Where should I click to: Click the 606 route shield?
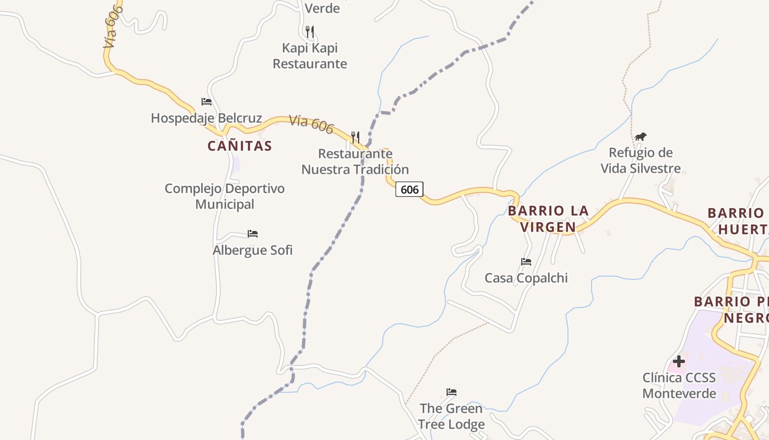(409, 190)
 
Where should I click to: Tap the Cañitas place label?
(239, 146)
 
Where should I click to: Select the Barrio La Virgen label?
(548, 219)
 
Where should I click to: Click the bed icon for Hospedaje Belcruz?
(207, 102)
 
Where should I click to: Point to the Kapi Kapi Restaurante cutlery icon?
(310, 31)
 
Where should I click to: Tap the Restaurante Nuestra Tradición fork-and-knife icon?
(355, 137)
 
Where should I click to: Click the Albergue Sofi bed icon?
(253, 234)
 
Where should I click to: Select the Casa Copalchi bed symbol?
(526, 262)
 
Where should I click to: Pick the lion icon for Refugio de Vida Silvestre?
(640, 136)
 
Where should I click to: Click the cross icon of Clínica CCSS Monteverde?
(679, 361)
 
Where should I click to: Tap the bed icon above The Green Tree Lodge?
(452, 392)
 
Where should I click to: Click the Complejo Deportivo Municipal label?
(225, 196)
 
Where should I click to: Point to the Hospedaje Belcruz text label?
(207, 118)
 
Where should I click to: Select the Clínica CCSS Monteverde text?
(679, 386)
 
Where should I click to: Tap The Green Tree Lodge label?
(452, 416)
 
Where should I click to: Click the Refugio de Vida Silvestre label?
(640, 161)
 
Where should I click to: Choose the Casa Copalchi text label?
(526, 278)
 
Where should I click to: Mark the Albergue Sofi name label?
(253, 250)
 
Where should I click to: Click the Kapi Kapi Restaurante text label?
(310, 56)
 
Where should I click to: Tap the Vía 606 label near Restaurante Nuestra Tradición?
(311, 124)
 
